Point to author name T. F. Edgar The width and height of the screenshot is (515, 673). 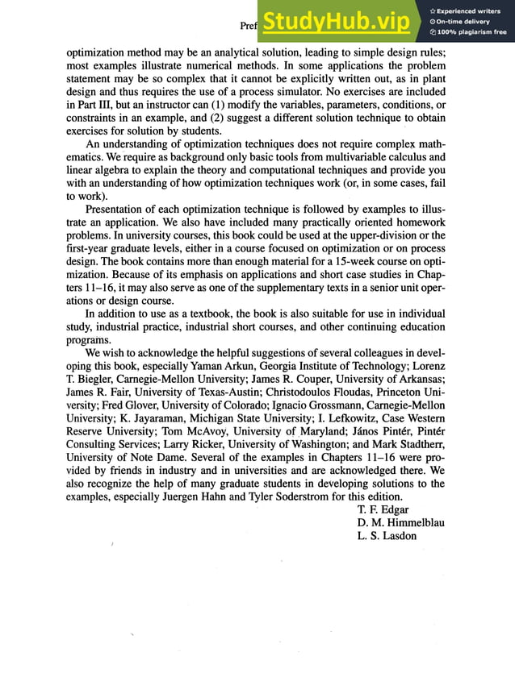pyautogui.click(x=383, y=510)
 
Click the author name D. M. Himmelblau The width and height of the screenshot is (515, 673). pyautogui.click(x=400, y=523)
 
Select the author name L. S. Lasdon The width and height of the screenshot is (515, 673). pyautogui.click(x=387, y=536)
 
